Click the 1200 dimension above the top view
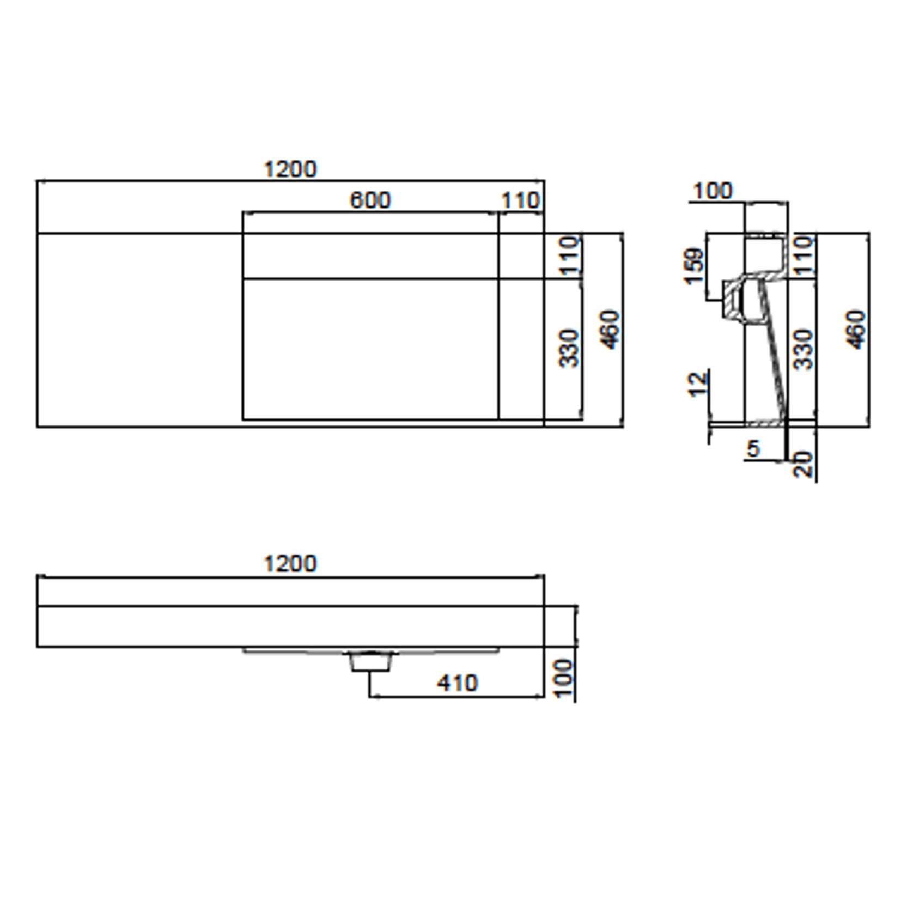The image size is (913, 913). pyautogui.click(x=290, y=169)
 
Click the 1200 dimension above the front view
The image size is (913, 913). pyautogui.click(x=290, y=563)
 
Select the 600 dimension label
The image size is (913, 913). pyautogui.click(x=370, y=200)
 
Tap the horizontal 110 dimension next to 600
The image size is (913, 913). pyautogui.click(x=520, y=201)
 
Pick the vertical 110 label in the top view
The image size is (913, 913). pyautogui.click(x=570, y=255)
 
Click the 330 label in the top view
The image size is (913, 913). pyautogui.click(x=570, y=349)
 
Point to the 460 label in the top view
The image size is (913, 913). pyautogui.click(x=610, y=330)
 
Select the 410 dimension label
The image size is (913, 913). pyautogui.click(x=457, y=683)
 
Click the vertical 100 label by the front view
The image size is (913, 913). pyautogui.click(x=564, y=678)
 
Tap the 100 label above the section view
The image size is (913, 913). pyautogui.click(x=713, y=191)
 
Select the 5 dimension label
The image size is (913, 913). pyautogui.click(x=753, y=449)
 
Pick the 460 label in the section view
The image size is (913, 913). pyautogui.click(x=856, y=330)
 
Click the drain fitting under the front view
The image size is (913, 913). pyautogui.click(x=371, y=661)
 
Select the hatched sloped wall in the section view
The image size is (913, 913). pyautogui.click(x=774, y=354)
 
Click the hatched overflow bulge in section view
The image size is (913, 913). pyautogui.click(x=733, y=300)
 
